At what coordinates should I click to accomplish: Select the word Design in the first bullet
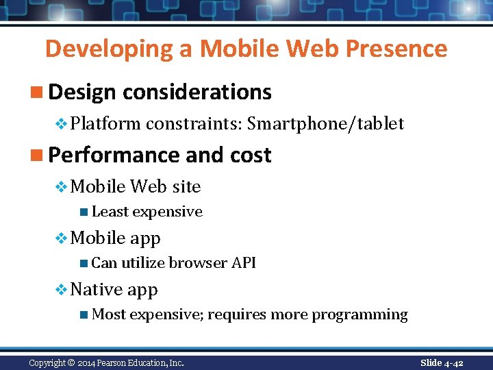coord(82,92)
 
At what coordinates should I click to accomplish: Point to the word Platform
coord(105,124)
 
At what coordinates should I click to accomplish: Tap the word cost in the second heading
coord(251,156)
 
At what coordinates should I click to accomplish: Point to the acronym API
coord(243,263)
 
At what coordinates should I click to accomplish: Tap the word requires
coord(237,315)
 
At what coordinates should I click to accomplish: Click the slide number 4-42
coord(452,362)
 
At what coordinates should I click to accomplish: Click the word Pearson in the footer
coord(122,363)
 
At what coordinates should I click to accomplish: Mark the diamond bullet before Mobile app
coord(61,238)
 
